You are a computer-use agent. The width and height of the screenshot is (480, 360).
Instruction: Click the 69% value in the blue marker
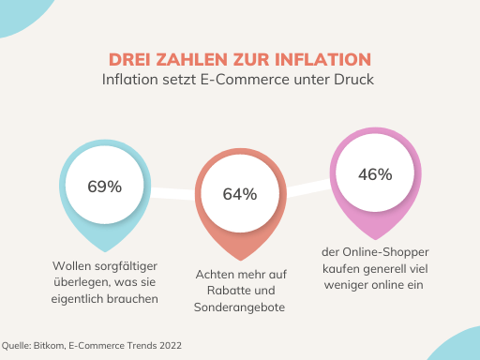[105, 186]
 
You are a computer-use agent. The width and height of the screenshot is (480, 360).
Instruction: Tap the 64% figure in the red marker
[240, 194]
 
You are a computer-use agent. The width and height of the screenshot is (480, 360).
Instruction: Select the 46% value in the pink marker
[375, 173]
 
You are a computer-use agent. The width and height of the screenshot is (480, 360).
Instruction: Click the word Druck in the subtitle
[355, 80]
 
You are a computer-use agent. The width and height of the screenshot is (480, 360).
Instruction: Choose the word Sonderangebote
[239, 307]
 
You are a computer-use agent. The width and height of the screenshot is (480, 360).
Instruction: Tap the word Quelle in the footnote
[16, 346]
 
